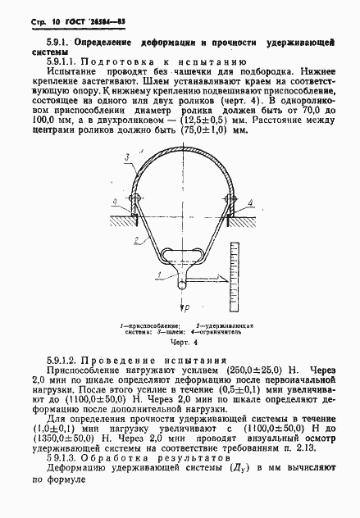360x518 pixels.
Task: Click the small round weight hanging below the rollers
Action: click(x=183, y=283)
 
